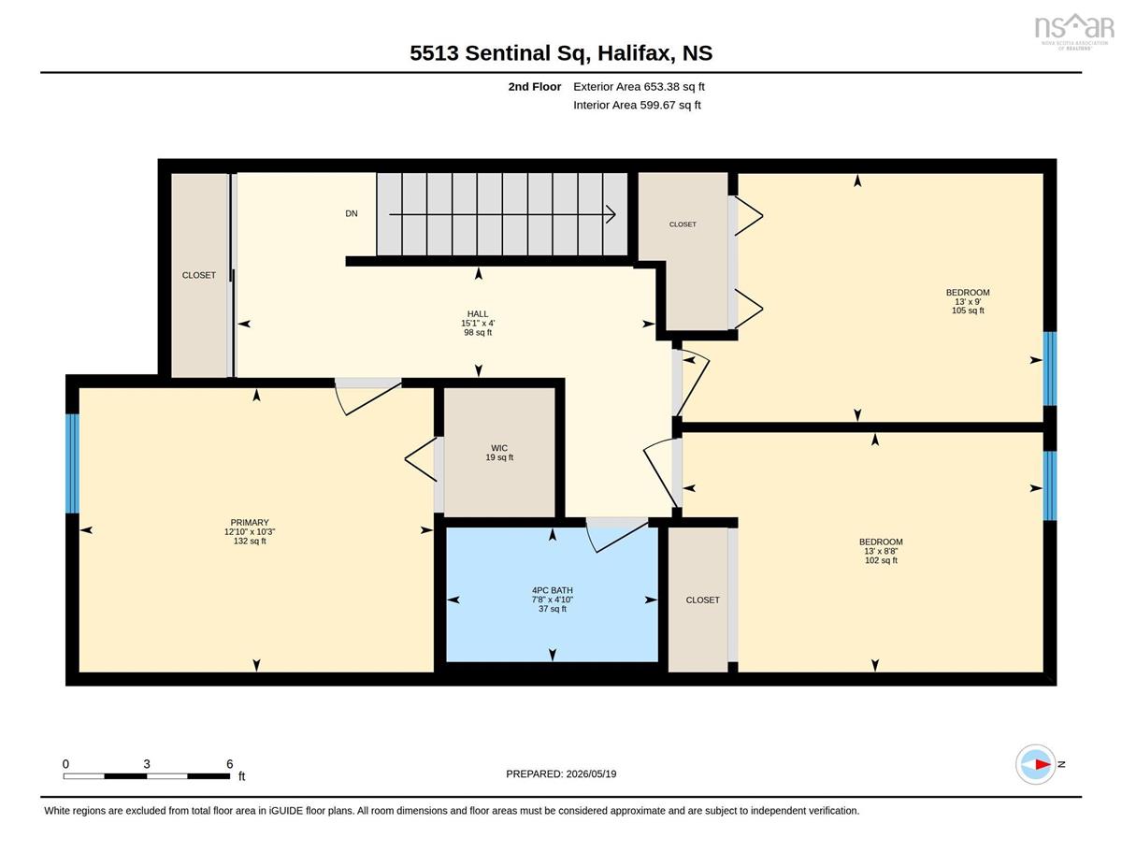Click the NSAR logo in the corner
1074,31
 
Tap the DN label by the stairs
352,213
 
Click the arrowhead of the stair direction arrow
611,214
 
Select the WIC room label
498,448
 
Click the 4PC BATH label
552,590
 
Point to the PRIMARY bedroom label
250,523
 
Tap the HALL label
478,314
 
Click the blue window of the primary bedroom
72,463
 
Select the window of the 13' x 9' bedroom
1050,368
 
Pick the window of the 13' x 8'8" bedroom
1050,486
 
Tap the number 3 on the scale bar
147,764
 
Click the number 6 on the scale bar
229,764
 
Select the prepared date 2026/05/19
591,774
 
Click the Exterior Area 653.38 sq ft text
639,87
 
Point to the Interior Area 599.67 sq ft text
637,106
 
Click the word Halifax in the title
636,53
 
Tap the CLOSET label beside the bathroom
702,600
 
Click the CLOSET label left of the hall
199,275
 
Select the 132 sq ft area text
250,542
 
